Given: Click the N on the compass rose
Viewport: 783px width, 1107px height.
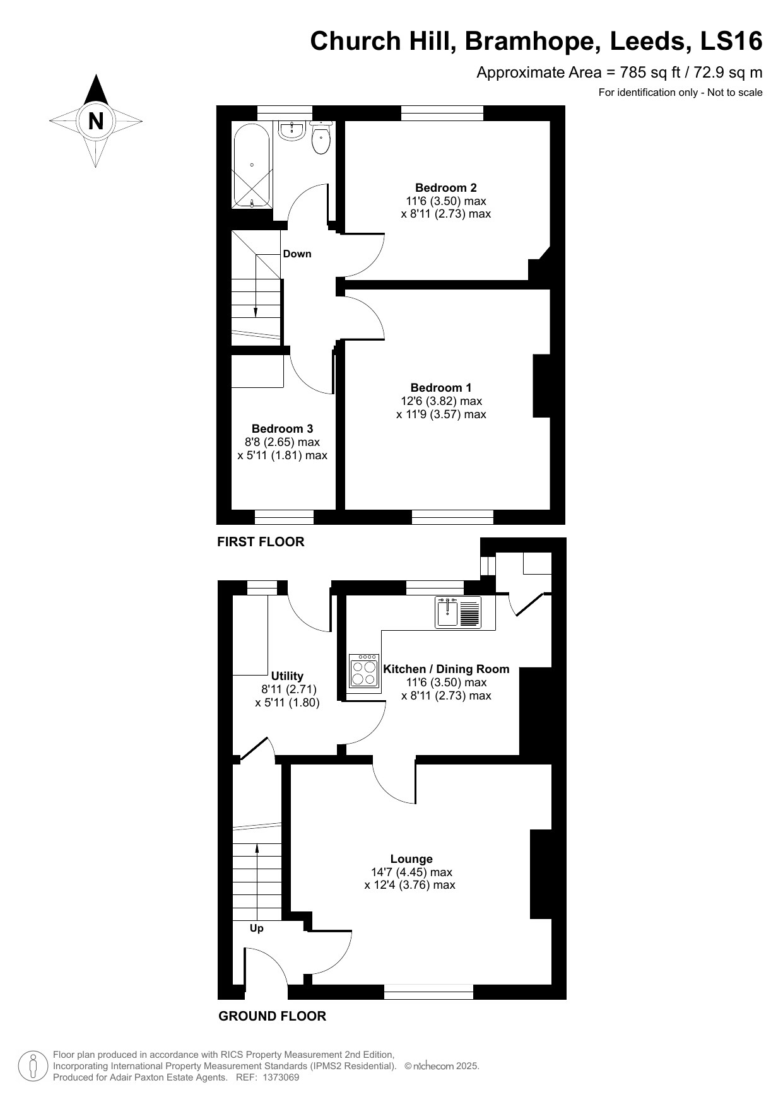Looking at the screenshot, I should point(95,120).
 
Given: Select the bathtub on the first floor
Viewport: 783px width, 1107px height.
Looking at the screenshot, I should point(252,165).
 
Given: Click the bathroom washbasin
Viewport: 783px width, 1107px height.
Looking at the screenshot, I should point(292,131).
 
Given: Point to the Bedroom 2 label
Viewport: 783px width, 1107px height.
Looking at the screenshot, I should point(445,187).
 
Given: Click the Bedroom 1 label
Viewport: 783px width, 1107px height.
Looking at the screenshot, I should point(440,387).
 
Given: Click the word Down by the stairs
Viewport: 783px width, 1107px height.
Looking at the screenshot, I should point(297,254).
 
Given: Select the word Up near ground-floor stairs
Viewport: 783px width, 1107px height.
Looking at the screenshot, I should point(256,928).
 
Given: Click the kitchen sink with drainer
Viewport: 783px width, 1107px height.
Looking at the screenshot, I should point(457,612).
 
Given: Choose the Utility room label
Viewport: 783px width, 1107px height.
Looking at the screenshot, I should point(287,676).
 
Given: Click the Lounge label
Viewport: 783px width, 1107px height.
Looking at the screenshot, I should point(411,858).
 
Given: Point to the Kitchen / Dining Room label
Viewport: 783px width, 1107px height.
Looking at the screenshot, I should point(446,669).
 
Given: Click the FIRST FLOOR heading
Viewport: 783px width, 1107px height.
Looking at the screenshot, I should point(261,541).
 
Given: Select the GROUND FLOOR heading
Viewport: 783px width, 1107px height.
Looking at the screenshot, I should point(272,1016).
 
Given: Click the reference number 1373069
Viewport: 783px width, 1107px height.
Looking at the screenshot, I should point(278,1077).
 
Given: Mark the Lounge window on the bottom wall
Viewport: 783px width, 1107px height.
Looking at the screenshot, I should point(428,992).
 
